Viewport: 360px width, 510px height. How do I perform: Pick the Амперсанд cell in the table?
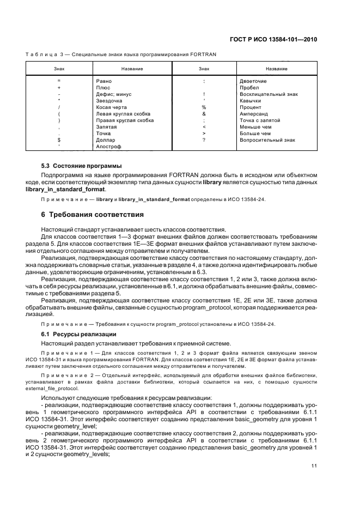coord(252,114)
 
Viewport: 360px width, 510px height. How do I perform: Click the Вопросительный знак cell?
coord(267,140)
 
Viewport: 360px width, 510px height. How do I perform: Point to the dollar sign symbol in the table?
coord(58,140)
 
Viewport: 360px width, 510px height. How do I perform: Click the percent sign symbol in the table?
coord(204,107)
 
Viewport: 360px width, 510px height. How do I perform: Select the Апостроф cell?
coord(107,147)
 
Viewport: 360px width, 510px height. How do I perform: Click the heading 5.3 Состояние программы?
coord(82,166)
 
